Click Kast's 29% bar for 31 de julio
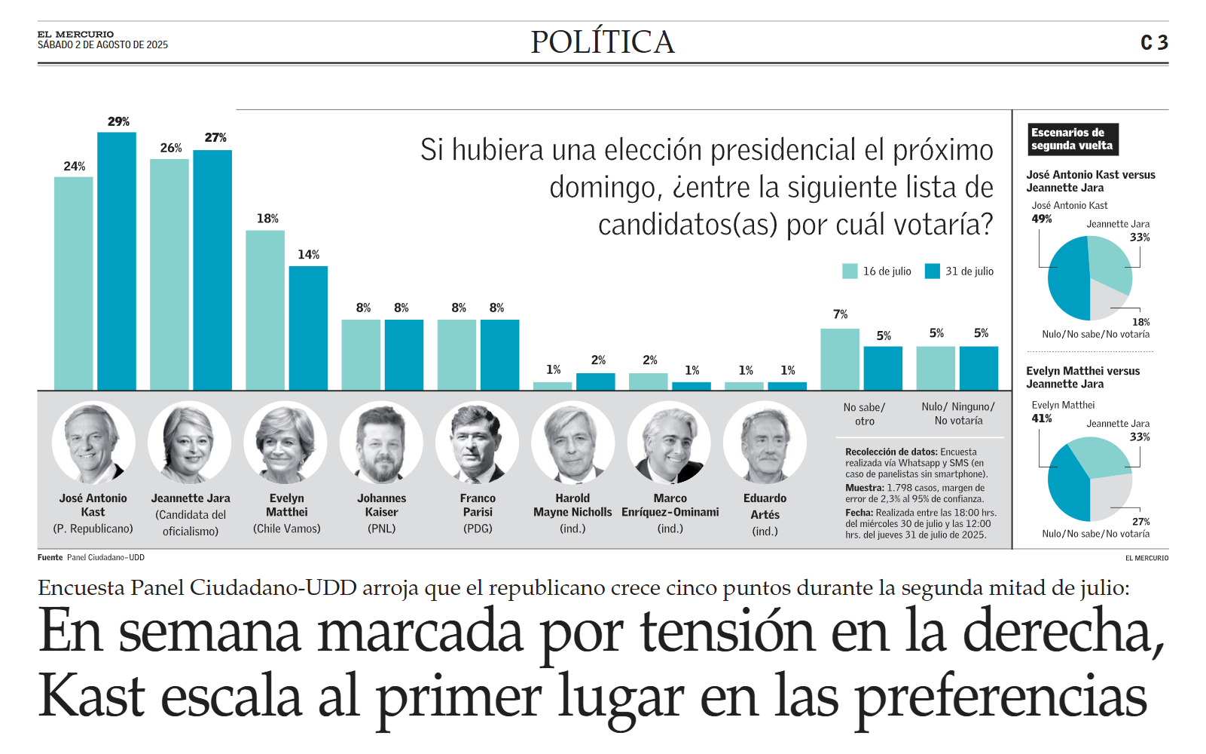116,261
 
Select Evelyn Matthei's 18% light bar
265,311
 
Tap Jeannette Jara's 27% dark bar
212,270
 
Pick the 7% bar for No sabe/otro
840,360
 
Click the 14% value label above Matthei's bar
309,254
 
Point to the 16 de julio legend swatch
850,271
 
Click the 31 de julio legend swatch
932,271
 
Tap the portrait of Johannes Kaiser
381,443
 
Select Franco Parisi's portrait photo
477,443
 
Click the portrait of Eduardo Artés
765,443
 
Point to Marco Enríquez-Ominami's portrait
669,443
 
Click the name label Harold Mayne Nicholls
572,505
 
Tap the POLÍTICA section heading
603,42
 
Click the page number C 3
1154,42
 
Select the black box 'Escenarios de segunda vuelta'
1073,139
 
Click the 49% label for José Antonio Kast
1042,219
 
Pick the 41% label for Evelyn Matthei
1042,418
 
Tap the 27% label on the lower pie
1141,521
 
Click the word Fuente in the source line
50,557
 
